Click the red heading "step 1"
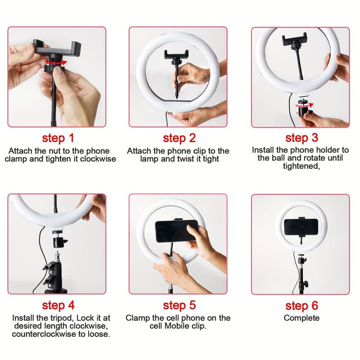click(x=58, y=138)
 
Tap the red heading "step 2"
click(x=180, y=138)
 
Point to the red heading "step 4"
click(x=58, y=306)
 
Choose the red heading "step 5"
click(x=180, y=306)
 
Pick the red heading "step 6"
click(x=301, y=306)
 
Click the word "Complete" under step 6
click(x=301, y=318)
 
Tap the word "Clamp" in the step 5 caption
click(x=137, y=318)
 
